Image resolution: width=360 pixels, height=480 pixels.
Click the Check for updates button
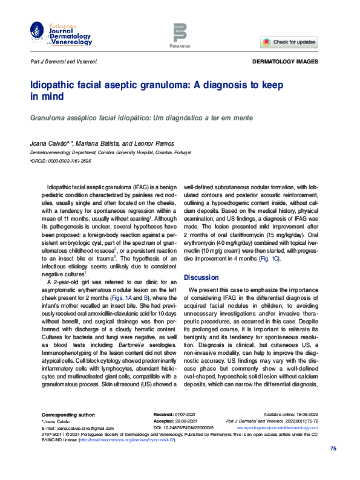click(289, 42)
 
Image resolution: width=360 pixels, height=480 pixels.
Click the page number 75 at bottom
click(332, 448)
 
